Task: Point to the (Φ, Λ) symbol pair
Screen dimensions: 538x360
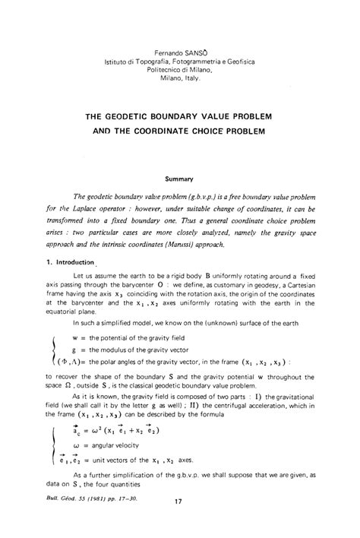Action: click(x=69, y=362)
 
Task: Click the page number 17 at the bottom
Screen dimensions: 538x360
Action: click(x=179, y=523)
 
